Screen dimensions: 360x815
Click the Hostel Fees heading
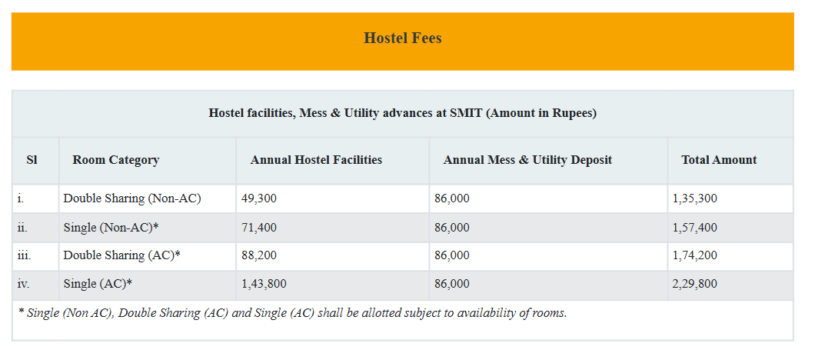(x=402, y=38)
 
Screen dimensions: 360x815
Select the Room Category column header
(x=115, y=160)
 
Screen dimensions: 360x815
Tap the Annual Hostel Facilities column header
(x=316, y=160)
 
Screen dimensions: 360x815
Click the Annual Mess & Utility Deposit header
(x=527, y=160)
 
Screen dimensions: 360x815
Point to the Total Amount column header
(x=719, y=160)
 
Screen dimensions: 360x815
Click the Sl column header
(x=32, y=160)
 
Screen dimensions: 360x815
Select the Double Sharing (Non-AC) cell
(x=131, y=198)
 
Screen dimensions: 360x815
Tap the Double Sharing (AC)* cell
(x=121, y=255)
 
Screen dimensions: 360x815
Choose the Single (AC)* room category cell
(x=98, y=284)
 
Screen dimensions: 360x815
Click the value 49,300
(x=258, y=198)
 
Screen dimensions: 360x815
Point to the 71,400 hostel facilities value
(x=258, y=227)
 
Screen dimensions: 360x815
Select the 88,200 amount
(x=258, y=255)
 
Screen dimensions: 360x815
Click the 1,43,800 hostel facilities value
(x=264, y=284)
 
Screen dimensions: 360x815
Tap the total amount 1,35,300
(x=694, y=198)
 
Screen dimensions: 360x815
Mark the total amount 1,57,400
(x=694, y=227)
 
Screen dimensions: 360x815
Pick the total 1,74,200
(x=694, y=255)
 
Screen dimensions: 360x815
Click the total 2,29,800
(x=694, y=284)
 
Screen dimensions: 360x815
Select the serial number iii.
(x=24, y=255)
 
